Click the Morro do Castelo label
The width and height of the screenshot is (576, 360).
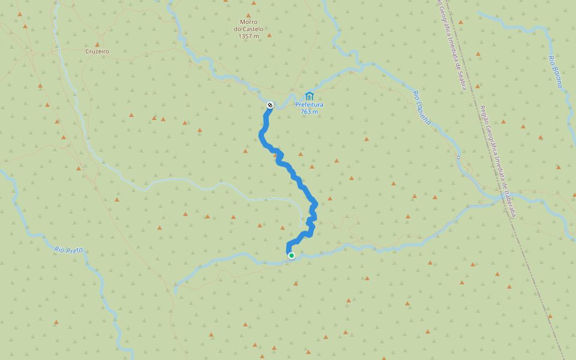248,25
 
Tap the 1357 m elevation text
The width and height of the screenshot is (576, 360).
248,36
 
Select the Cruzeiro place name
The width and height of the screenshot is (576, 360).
97,52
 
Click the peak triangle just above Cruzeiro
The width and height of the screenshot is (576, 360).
97,44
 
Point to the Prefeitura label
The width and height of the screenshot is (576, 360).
309,104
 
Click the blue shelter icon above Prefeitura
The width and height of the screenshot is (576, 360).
309,96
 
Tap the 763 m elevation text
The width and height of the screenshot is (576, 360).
309,112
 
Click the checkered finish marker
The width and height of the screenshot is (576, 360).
270,106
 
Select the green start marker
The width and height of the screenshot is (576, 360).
292,256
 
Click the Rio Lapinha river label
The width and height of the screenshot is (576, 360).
422,107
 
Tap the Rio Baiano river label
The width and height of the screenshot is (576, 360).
555,71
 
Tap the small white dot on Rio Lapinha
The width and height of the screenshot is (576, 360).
458,157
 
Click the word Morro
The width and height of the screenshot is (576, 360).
248,22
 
